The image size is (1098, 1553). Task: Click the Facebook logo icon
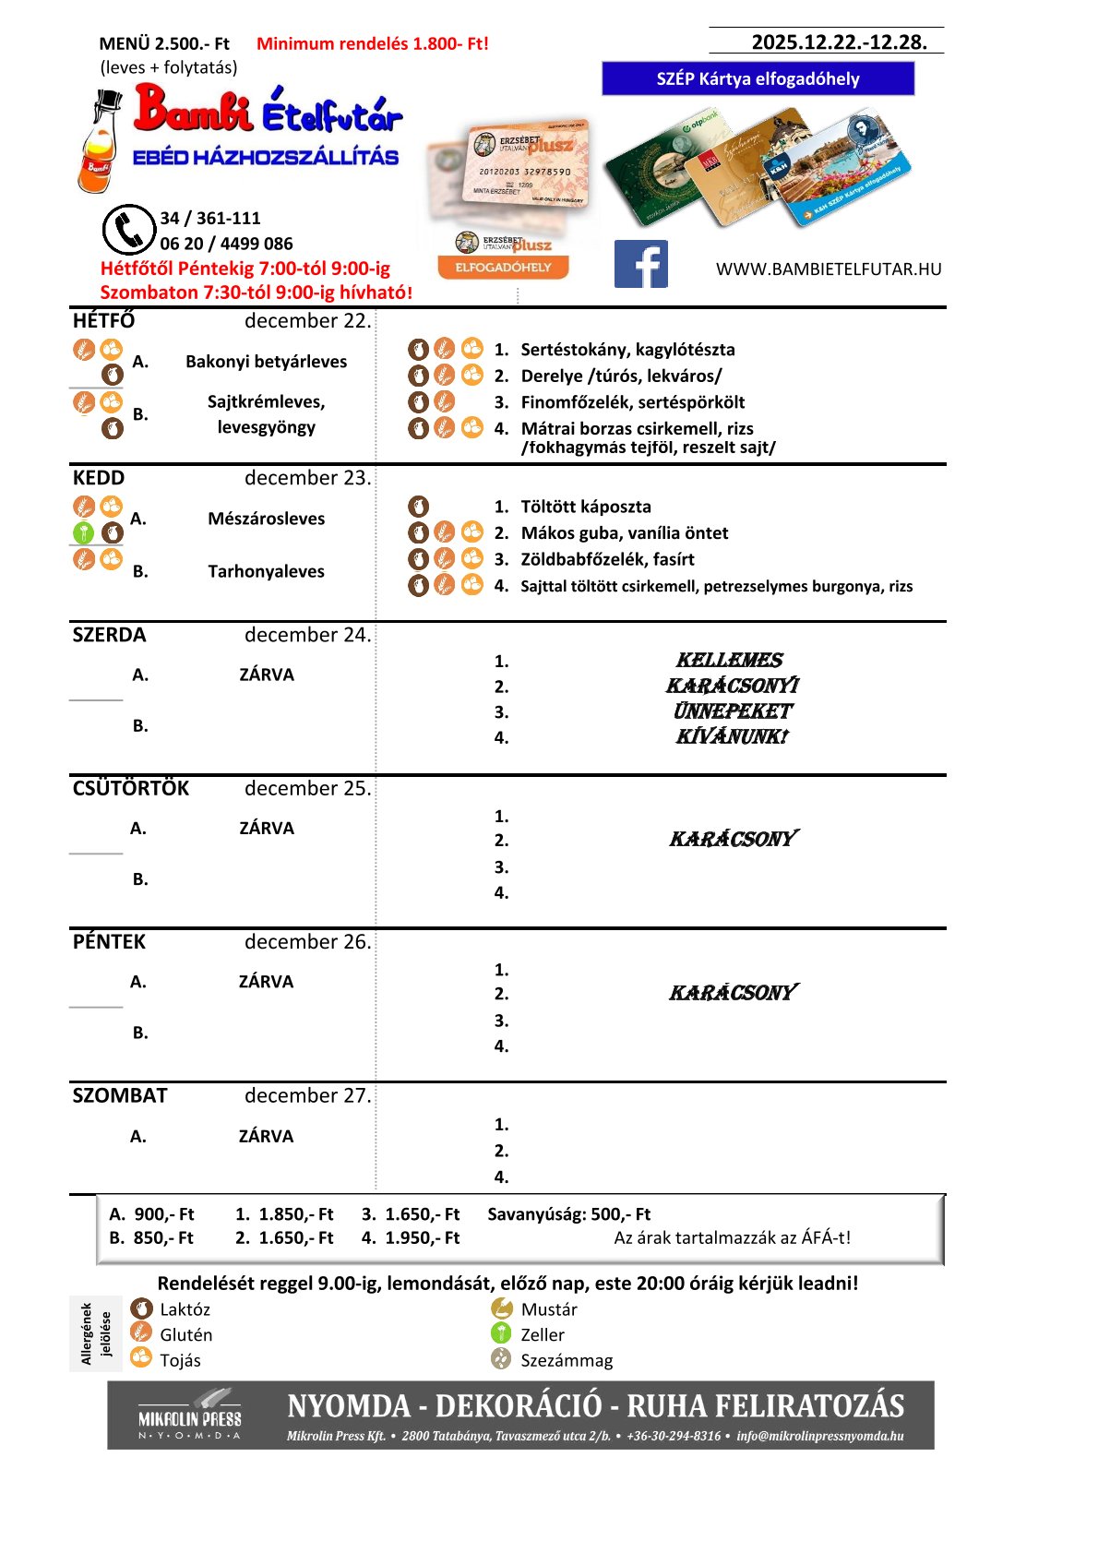[640, 265]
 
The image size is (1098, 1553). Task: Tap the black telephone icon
[128, 230]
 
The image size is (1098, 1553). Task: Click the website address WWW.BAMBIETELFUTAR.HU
[828, 269]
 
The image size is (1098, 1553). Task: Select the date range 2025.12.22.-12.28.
[839, 42]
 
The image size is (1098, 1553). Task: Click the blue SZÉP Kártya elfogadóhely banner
[758, 79]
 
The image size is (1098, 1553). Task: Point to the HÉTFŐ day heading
[103, 321]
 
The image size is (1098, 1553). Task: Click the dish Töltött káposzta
[585, 507]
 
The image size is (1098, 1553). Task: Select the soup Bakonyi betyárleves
[266, 362]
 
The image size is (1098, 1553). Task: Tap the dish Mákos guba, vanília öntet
[624, 533]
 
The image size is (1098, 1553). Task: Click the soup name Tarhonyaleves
[266, 571]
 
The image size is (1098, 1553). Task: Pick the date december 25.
[307, 789]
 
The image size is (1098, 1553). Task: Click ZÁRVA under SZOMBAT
[266, 1136]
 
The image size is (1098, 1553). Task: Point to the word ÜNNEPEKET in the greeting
[733, 711]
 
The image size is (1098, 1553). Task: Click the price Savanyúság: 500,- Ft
[568, 1214]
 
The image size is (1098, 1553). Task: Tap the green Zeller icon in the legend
[501, 1333]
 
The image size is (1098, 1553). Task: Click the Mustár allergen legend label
[549, 1309]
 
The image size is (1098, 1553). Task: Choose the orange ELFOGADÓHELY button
[503, 268]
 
